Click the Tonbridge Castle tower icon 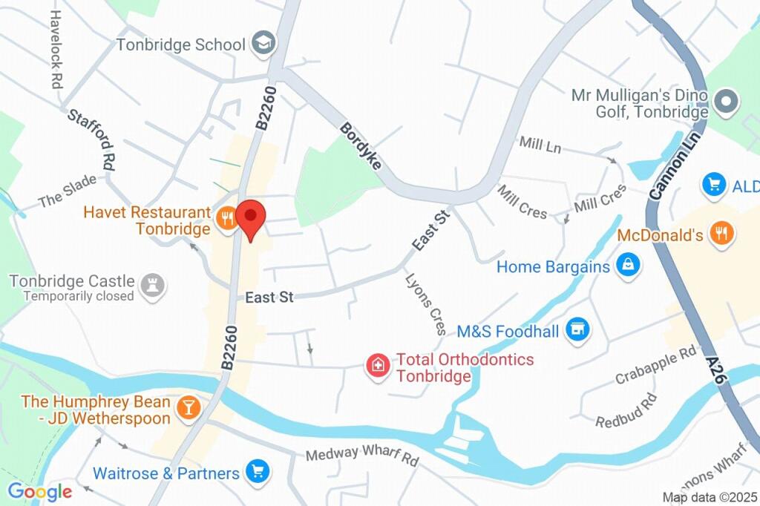(x=152, y=286)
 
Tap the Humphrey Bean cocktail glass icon (x=189, y=407)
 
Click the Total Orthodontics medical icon (x=378, y=365)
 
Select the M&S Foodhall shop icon (x=576, y=330)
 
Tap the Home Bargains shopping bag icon (x=628, y=266)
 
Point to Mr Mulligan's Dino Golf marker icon (x=726, y=102)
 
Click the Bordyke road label (x=360, y=146)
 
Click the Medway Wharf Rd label (x=362, y=456)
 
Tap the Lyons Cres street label (x=426, y=303)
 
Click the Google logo (x=39, y=491)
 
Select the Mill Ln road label (x=540, y=145)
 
